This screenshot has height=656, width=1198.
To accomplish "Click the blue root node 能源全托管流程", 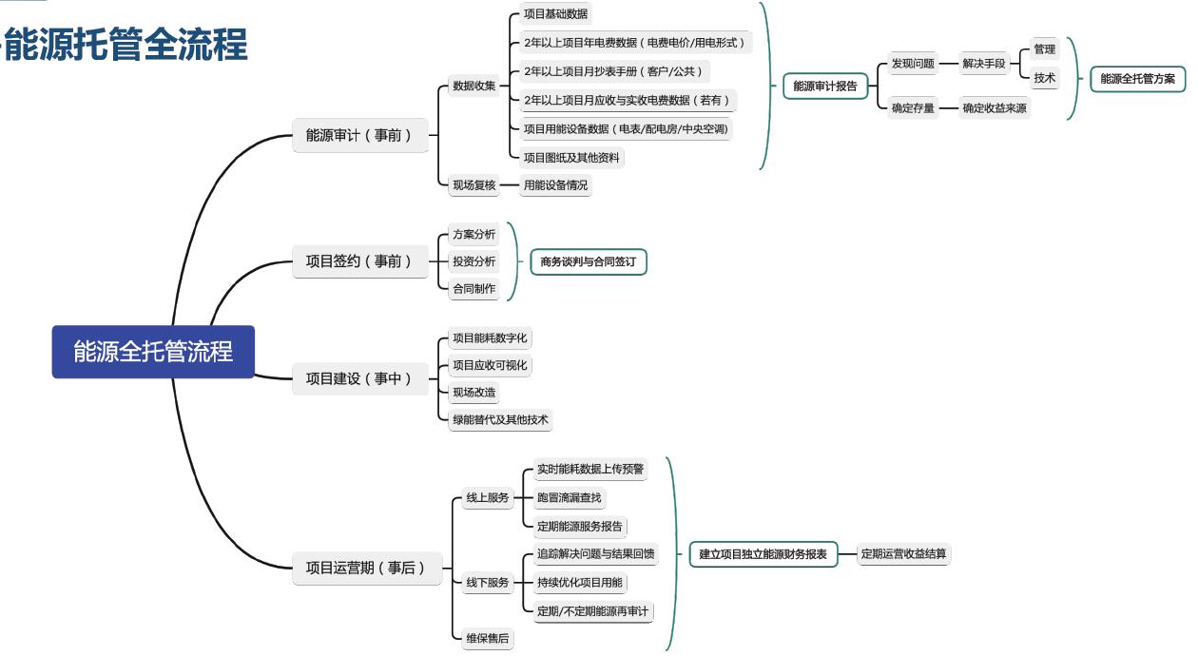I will [x=153, y=352].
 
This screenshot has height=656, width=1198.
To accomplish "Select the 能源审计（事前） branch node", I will [x=359, y=136].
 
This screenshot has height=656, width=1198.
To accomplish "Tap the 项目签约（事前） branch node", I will [x=359, y=260].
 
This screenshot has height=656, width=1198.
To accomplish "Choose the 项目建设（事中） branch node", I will [x=359, y=378].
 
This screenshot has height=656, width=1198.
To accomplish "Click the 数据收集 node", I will [x=473, y=87].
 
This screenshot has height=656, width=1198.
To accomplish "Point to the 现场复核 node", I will [x=473, y=185].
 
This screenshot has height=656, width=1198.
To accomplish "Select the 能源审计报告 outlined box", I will [x=824, y=87].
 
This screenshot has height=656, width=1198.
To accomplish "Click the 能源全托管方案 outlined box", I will [x=1137, y=79].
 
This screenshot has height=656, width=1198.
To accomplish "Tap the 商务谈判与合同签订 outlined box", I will [x=589, y=261].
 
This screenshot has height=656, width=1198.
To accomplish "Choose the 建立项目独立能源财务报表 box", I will [x=763, y=553].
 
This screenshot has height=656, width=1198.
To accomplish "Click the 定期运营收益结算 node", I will [x=903, y=553].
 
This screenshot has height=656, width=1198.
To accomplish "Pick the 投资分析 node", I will [x=473, y=261].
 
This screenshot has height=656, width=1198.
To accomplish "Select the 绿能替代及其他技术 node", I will [x=500, y=419].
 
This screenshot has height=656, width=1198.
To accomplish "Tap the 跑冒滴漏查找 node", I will [x=569, y=497].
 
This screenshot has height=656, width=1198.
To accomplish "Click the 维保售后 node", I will [x=487, y=639].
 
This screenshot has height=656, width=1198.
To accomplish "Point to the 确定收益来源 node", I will [x=994, y=108].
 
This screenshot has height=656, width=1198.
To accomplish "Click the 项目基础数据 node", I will [x=555, y=14].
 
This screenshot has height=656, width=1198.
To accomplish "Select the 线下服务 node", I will [x=487, y=583].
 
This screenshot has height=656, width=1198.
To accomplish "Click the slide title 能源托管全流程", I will [x=126, y=45].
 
